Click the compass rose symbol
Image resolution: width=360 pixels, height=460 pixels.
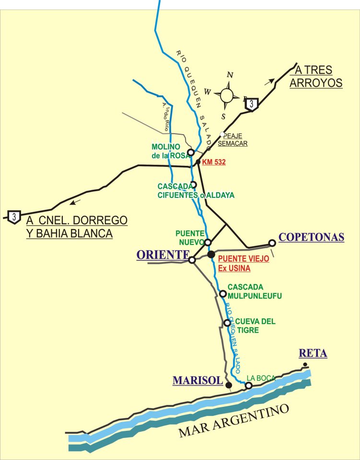click(229, 95)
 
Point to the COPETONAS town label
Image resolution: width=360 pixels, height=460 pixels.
click(312, 238)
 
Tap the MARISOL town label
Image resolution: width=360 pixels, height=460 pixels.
click(197, 380)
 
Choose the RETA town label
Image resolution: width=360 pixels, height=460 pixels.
click(313, 354)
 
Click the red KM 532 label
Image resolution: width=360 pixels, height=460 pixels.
click(214, 162)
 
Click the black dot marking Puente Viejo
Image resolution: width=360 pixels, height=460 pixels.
click(211, 254)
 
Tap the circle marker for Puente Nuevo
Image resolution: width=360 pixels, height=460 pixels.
click(208, 242)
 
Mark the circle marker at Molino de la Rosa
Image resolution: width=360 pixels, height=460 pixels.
click(190, 152)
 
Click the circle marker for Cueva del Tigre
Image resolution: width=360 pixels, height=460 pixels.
click(227, 323)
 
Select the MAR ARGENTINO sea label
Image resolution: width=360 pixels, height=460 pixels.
click(235, 422)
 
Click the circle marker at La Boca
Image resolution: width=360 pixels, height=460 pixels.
click(249, 386)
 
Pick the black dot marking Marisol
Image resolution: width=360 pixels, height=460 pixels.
click(229, 385)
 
